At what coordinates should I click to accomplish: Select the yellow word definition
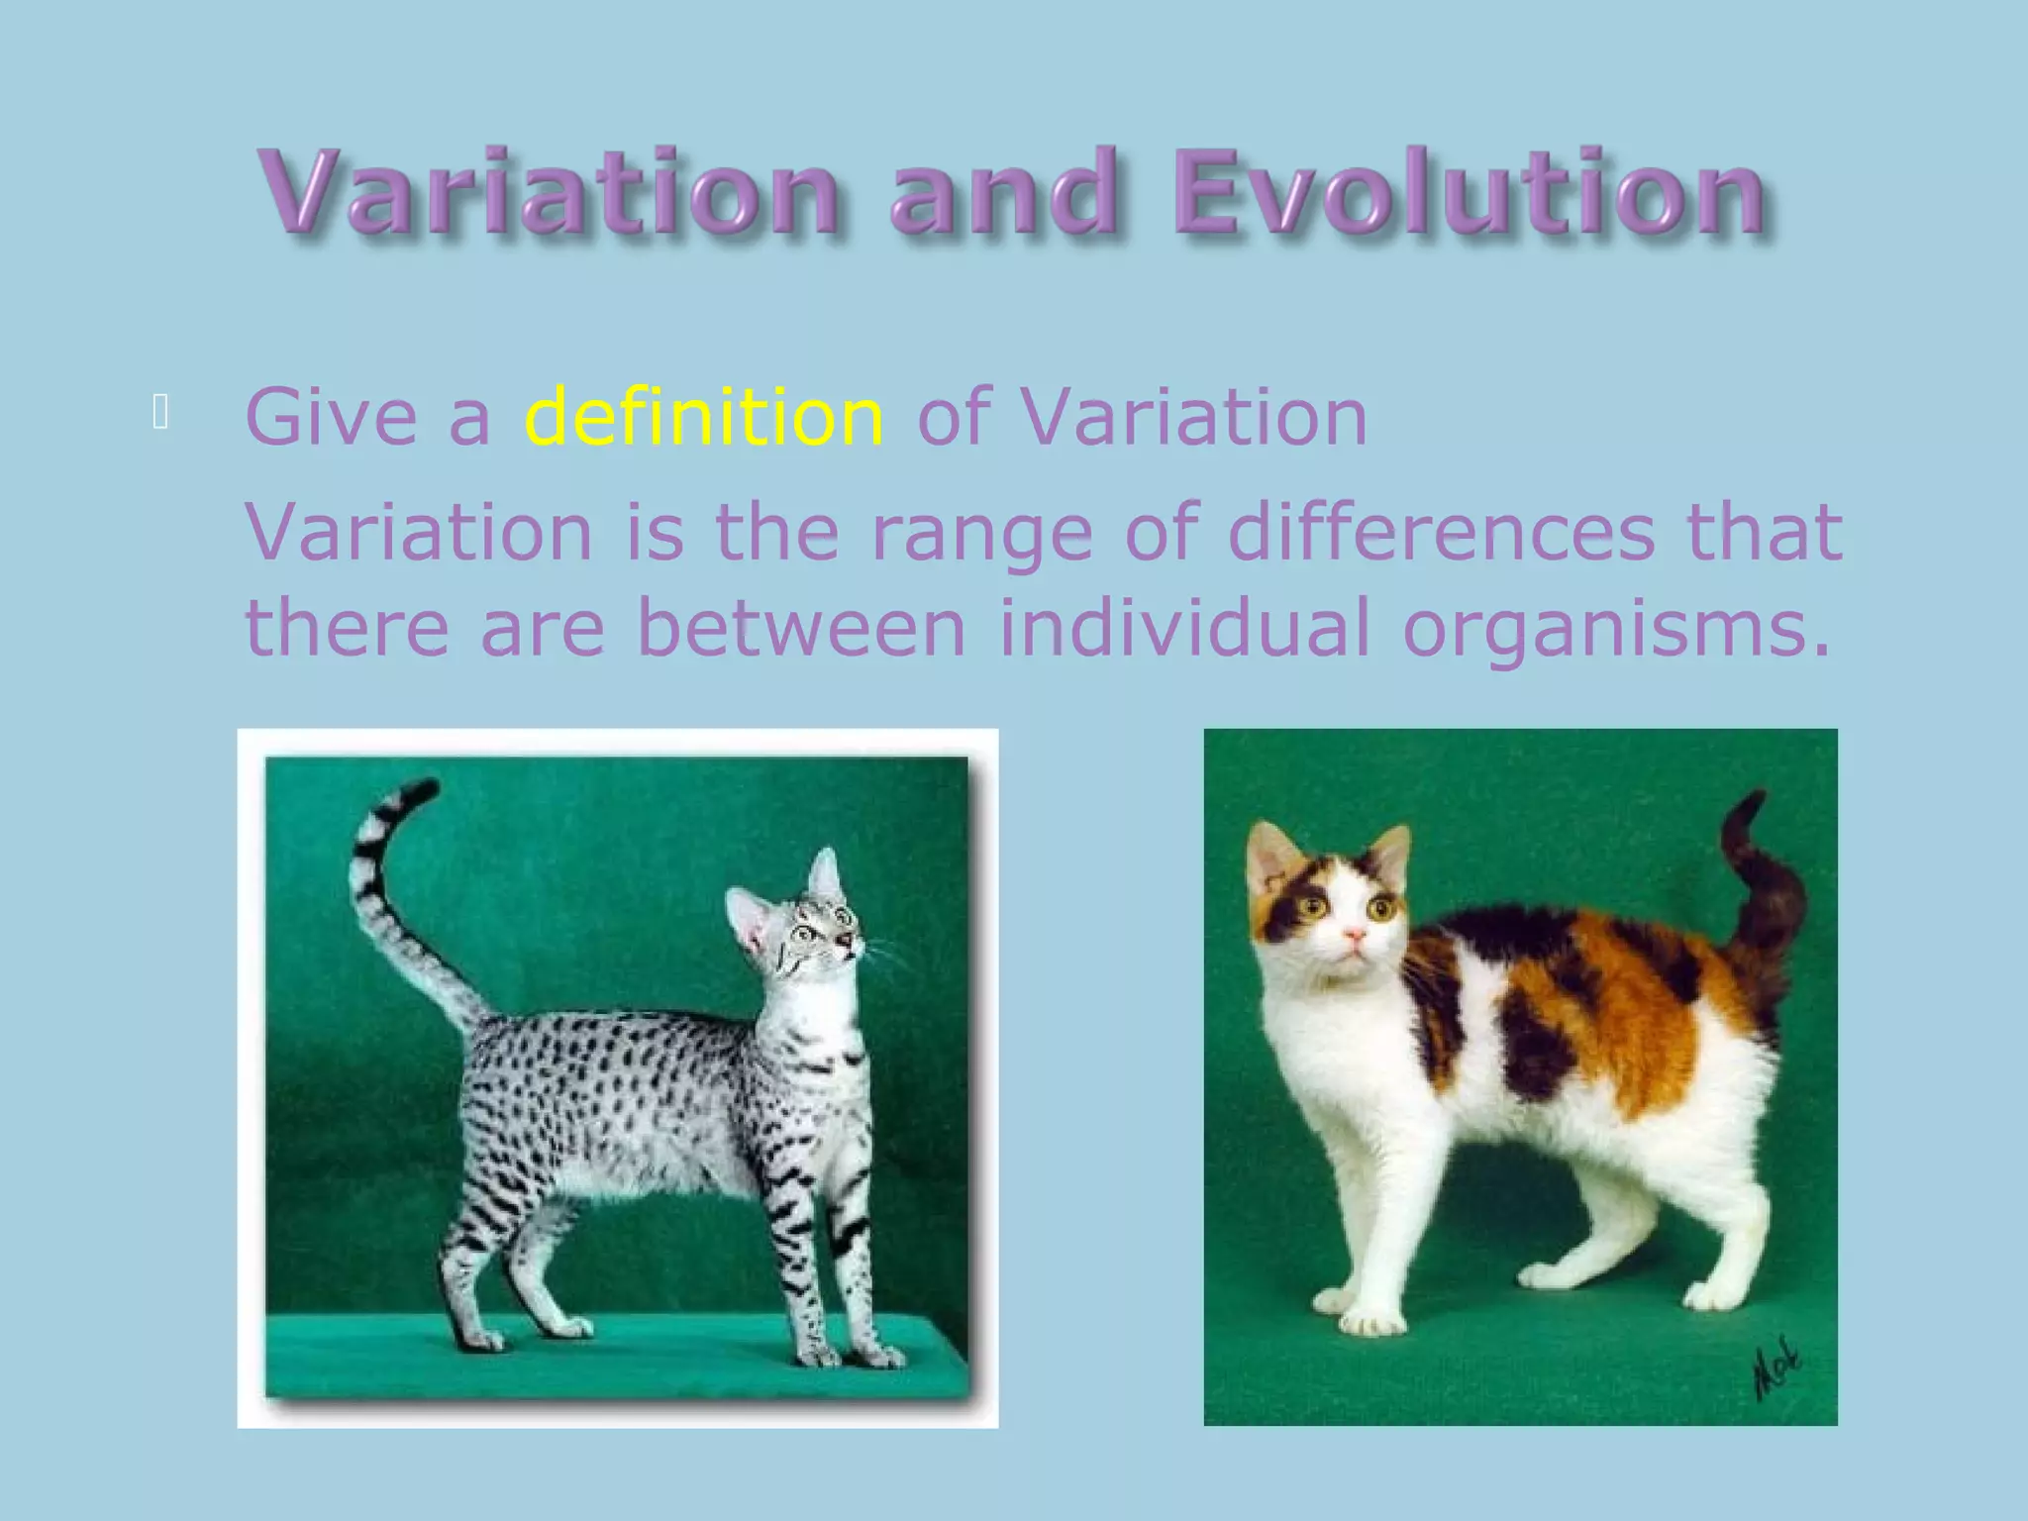pyautogui.click(x=703, y=418)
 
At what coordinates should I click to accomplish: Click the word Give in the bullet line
pyautogui.click(x=331, y=418)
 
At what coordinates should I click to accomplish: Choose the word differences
pyautogui.click(x=1440, y=533)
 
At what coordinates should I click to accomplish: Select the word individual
pyautogui.click(x=1184, y=628)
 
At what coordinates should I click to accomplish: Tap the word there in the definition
pyautogui.click(x=347, y=628)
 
